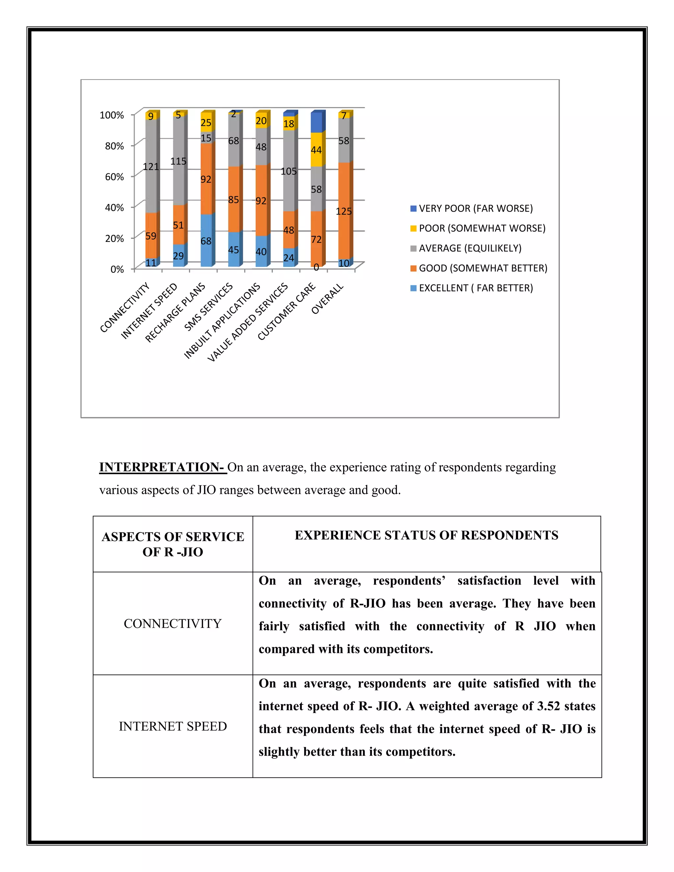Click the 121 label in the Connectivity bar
[x=151, y=167]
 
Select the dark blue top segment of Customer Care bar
[x=317, y=122]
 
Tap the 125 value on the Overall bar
[x=344, y=211]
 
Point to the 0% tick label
[x=117, y=269]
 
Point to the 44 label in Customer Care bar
[x=316, y=150]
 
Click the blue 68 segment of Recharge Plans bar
[x=206, y=241]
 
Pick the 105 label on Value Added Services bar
[x=289, y=172]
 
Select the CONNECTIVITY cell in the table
[x=172, y=624]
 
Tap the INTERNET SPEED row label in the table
[x=172, y=726]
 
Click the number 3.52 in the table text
[x=548, y=706]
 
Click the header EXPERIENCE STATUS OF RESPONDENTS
[x=427, y=535]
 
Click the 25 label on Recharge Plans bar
[x=206, y=123]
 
